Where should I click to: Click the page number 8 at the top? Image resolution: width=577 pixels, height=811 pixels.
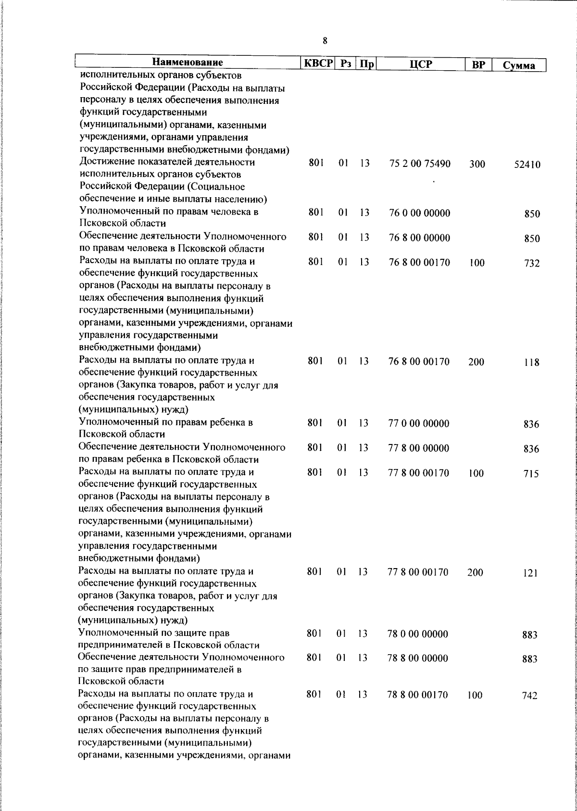tap(325, 41)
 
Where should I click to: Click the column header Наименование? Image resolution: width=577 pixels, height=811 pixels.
tap(188, 63)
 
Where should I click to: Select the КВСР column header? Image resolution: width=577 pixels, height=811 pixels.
tap(317, 63)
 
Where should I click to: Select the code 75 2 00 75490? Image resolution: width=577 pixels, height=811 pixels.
tap(420, 164)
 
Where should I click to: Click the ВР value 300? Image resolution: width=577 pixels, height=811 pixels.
tap(477, 165)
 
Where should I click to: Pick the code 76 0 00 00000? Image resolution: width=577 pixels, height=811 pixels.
tap(420, 213)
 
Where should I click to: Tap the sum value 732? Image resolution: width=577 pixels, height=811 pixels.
tap(532, 264)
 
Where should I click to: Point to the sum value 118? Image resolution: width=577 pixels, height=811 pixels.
tap(532, 363)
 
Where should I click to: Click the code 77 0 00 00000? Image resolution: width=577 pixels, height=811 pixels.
tap(419, 424)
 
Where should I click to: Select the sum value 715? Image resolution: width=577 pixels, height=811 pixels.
tap(531, 474)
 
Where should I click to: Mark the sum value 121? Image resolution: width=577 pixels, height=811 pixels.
tap(530, 573)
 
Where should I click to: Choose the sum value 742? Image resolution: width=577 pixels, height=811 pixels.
tap(529, 696)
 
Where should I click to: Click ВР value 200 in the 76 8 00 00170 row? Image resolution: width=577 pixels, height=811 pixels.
tap(476, 362)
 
